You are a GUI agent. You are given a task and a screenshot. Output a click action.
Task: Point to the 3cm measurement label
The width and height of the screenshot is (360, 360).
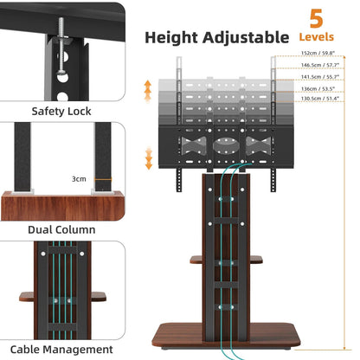pyautogui.click(x=80, y=179)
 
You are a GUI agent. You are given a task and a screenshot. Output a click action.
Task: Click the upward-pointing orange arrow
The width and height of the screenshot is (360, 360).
pyautogui.click(x=147, y=88)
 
